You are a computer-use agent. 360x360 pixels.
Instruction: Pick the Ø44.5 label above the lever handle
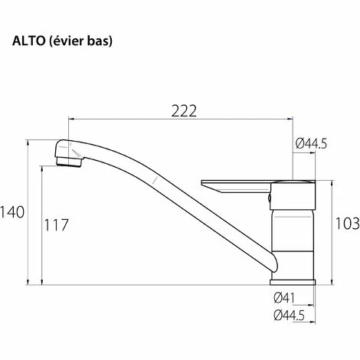tap(311, 144)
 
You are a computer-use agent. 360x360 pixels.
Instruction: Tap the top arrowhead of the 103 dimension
tap(331, 183)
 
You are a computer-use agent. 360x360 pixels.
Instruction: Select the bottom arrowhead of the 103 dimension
tap(331, 280)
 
